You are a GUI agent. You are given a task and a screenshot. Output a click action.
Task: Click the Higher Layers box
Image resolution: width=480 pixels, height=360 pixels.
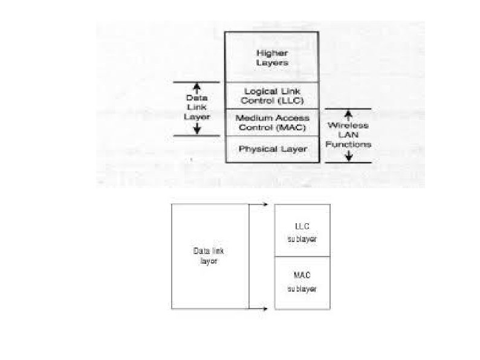[271, 57]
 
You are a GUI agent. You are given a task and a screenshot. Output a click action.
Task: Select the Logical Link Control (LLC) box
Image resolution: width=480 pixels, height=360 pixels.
[271, 96]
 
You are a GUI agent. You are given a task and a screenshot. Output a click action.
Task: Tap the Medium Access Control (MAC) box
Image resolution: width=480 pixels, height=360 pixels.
[271, 123]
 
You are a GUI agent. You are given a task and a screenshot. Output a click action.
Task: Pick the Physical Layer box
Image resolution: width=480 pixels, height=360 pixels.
[271, 149]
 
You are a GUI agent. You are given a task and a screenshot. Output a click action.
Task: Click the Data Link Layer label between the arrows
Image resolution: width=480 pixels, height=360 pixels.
[196, 106]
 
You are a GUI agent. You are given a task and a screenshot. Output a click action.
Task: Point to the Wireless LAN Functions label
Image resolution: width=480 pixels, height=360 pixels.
[349, 136]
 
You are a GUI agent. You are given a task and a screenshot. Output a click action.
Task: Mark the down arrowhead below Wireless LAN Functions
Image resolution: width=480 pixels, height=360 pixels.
[348, 158]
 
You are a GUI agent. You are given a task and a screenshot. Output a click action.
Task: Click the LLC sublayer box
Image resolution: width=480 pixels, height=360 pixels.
[302, 231]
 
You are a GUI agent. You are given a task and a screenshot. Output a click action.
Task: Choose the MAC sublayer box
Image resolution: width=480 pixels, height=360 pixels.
[302, 283]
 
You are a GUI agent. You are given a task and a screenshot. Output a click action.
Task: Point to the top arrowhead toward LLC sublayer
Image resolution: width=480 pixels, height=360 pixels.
[266, 205]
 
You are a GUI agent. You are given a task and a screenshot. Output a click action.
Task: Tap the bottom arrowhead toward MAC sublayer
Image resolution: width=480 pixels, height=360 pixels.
[266, 309]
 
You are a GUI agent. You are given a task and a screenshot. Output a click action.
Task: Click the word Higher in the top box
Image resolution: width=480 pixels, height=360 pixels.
[271, 53]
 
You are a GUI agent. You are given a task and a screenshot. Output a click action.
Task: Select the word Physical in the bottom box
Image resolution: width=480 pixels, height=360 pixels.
[258, 149]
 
